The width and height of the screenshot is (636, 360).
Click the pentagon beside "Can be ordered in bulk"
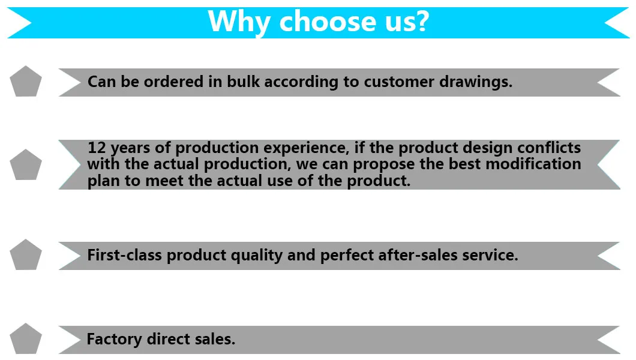point(26,82)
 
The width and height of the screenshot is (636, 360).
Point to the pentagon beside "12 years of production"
point(26,165)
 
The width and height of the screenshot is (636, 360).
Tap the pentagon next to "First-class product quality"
point(26,255)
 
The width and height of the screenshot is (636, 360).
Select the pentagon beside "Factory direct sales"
point(26,339)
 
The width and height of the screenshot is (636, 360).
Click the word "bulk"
point(244,82)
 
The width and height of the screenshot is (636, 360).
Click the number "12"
point(97,148)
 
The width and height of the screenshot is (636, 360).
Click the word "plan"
point(103,181)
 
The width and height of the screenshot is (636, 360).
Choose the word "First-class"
point(125,255)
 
